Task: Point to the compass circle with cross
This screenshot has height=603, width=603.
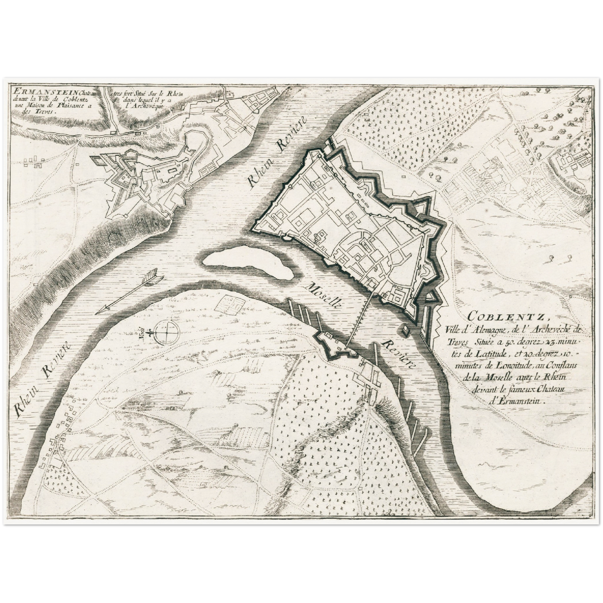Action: (x=166, y=333)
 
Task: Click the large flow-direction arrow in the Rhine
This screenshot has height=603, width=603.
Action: (x=129, y=292)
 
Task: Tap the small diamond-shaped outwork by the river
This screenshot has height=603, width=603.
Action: (x=405, y=330)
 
